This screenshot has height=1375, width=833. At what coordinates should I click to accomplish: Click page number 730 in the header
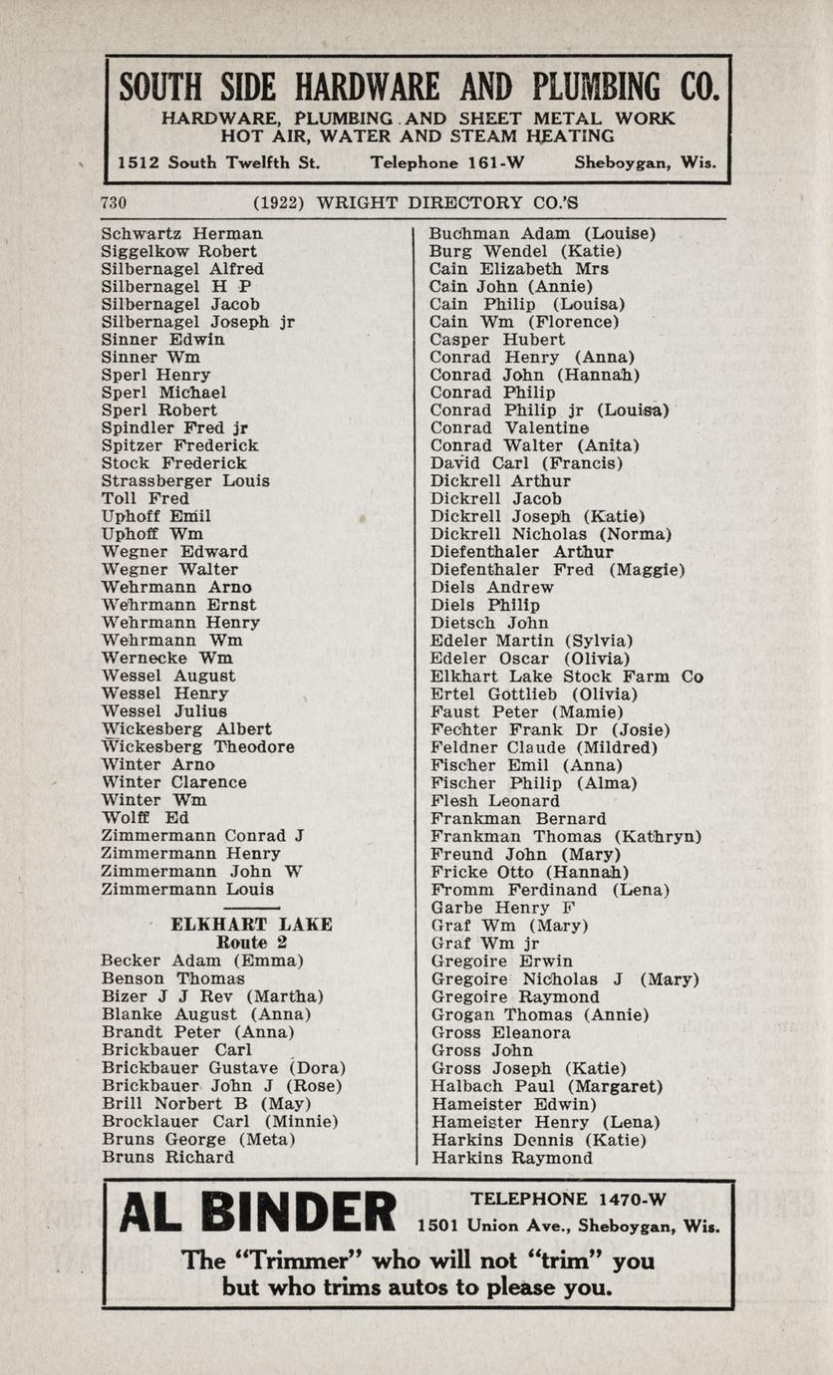pos(114,203)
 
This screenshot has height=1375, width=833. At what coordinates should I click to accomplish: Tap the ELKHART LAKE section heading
pos(251,925)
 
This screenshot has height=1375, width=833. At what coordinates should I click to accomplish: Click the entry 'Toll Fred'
pos(145,498)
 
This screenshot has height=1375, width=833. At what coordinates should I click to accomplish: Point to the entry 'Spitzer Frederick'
pos(179,445)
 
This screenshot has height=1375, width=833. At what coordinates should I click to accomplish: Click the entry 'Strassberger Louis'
pos(185,480)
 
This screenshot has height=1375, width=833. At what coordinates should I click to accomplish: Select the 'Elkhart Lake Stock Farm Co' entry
pos(566,677)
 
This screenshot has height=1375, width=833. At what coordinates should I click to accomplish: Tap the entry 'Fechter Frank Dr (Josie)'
pos(550,730)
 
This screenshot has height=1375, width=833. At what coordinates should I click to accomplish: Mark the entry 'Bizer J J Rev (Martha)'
pos(212,995)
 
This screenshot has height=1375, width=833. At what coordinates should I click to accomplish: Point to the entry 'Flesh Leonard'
pos(495,801)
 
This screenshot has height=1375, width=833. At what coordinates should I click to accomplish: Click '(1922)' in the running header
pos(279,203)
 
